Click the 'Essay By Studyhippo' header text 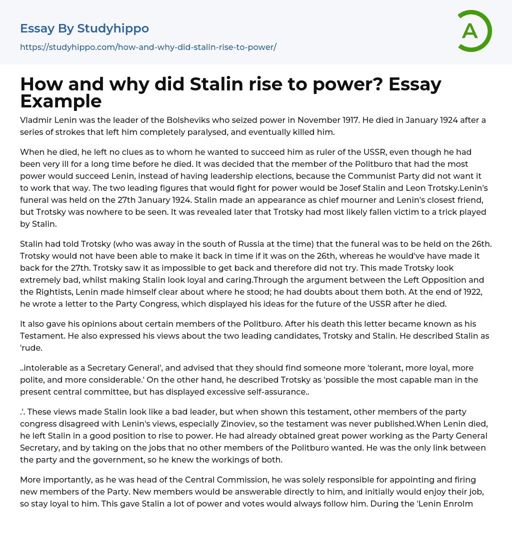pyautogui.click(x=84, y=28)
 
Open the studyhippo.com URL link pyautogui.click(x=148, y=47)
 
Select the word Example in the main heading pyautogui.click(x=61, y=101)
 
